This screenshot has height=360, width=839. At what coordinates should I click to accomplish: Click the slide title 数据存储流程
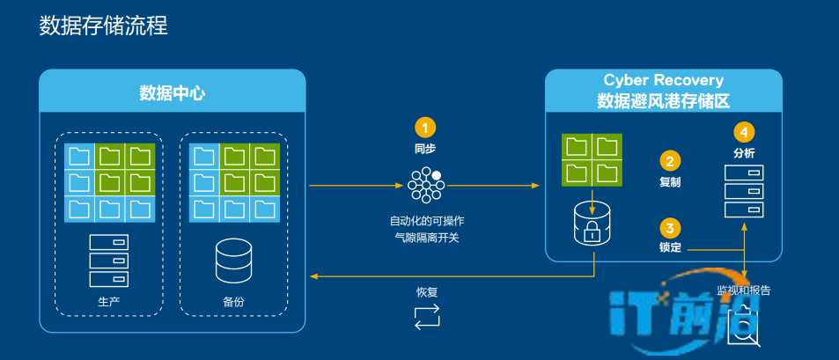pyautogui.click(x=104, y=26)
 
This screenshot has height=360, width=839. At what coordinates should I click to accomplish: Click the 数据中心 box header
pyautogui.click(x=173, y=92)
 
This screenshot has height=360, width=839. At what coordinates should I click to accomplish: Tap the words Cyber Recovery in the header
pyautogui.click(x=663, y=81)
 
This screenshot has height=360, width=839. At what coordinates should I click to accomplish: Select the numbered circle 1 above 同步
pyautogui.click(x=425, y=127)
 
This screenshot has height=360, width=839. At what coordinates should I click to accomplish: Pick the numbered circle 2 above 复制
pyautogui.click(x=670, y=161)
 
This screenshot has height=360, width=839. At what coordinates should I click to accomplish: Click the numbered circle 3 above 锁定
pyautogui.click(x=670, y=226)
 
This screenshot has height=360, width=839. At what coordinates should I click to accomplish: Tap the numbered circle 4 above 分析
pyautogui.click(x=744, y=132)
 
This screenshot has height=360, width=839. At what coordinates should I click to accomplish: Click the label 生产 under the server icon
pyautogui.click(x=108, y=302)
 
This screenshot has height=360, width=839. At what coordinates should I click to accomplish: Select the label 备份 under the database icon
pyautogui.click(x=233, y=302)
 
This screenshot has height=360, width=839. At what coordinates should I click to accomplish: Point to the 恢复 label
pyautogui.click(x=426, y=292)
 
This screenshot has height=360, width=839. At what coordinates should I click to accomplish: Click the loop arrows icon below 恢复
pyautogui.click(x=426, y=317)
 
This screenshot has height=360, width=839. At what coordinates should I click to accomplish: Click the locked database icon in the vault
pyautogui.click(x=592, y=224)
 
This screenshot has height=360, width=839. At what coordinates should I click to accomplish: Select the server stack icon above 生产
pyautogui.click(x=108, y=261)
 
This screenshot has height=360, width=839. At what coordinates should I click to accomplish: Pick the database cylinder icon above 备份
pyautogui.click(x=233, y=259)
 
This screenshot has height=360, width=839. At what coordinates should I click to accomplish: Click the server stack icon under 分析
pyautogui.click(x=743, y=191)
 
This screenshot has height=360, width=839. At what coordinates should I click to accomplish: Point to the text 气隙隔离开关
pyautogui.click(x=426, y=237)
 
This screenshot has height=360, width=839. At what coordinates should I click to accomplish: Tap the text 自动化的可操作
pyautogui.click(x=426, y=220)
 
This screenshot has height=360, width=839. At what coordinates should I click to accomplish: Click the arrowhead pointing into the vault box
pyautogui.click(x=535, y=185)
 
